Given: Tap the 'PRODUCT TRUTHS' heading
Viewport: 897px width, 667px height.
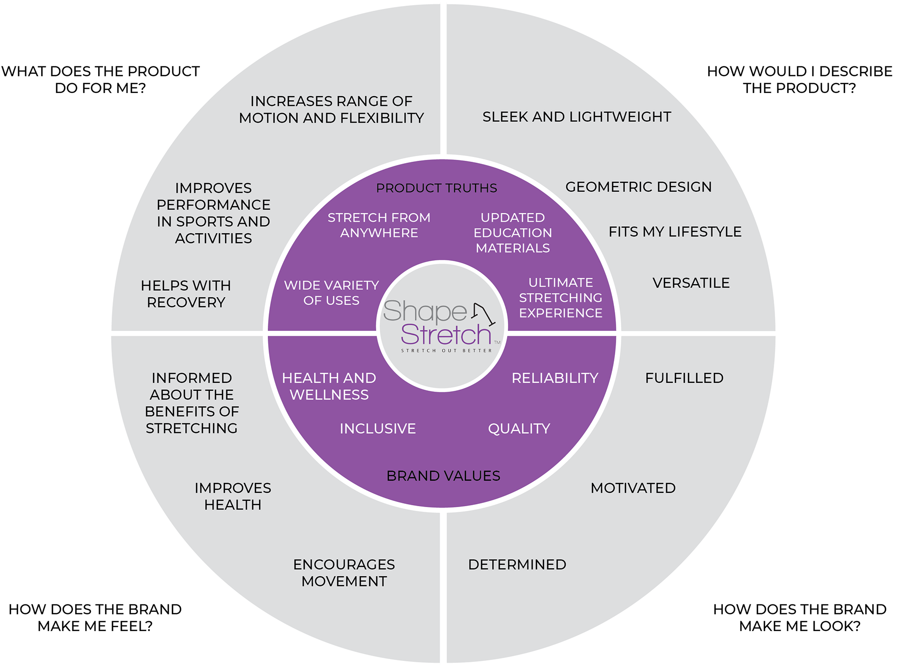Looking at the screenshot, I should tap(436, 188).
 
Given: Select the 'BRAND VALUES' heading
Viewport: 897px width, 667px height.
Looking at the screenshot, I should tap(443, 476).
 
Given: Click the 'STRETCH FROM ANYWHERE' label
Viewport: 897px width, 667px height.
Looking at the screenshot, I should tap(379, 225).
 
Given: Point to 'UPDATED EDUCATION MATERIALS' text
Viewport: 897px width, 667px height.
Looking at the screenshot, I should tap(513, 233).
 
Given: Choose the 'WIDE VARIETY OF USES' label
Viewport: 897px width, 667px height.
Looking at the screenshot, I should tap(331, 293).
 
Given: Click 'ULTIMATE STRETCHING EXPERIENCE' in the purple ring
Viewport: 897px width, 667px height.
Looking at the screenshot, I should tap(561, 298).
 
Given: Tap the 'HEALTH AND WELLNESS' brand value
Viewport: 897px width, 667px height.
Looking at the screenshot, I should tap(329, 386).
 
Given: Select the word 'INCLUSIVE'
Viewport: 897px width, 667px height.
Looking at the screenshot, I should tap(377, 429).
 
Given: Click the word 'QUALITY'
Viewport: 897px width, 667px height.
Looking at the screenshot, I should tap(519, 429).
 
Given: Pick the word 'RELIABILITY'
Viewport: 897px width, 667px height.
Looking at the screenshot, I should tap(555, 378).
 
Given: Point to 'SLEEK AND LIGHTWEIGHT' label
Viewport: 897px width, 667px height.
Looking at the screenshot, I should tap(577, 117).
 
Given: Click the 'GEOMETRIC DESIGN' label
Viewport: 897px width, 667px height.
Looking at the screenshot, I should tap(638, 187).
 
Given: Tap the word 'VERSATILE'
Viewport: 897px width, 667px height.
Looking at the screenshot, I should tap(691, 283).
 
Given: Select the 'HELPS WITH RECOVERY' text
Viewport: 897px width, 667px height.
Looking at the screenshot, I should tap(186, 294).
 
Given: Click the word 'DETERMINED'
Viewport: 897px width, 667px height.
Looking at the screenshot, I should tap(517, 565).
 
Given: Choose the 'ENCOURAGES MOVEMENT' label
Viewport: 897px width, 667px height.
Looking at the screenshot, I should tap(344, 573).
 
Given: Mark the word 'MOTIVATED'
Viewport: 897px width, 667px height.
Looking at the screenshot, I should tap(633, 488).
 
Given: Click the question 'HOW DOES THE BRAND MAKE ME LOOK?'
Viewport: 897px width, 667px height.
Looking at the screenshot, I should tap(799, 617).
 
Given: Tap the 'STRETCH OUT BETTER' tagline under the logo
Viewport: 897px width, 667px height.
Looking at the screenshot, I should tap(446, 351).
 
